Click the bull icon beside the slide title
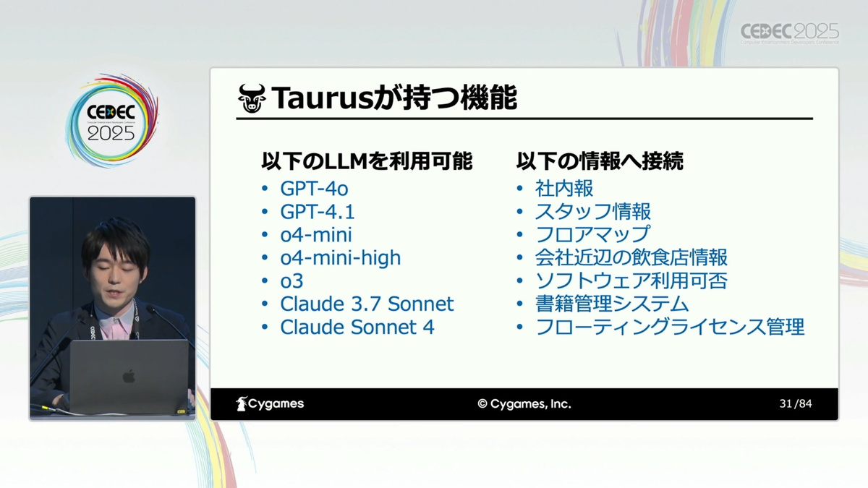click(x=252, y=98)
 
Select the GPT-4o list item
click(x=314, y=189)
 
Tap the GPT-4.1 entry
click(x=318, y=212)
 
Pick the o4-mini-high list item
click(x=340, y=258)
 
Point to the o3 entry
click(x=292, y=281)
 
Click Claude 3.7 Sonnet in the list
click(x=367, y=304)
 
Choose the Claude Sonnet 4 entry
click(x=357, y=328)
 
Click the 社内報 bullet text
click(x=563, y=189)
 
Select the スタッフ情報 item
click(x=592, y=212)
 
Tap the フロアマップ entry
click(x=592, y=235)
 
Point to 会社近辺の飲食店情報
click(x=631, y=258)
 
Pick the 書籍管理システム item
click(x=612, y=304)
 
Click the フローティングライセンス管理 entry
click(x=670, y=328)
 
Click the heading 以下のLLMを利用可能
click(x=367, y=161)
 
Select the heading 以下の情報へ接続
click(x=600, y=161)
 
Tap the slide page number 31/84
click(x=796, y=404)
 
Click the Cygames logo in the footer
click(x=270, y=404)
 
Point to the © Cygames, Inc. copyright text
click(x=524, y=404)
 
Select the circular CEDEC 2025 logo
click(x=111, y=121)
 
